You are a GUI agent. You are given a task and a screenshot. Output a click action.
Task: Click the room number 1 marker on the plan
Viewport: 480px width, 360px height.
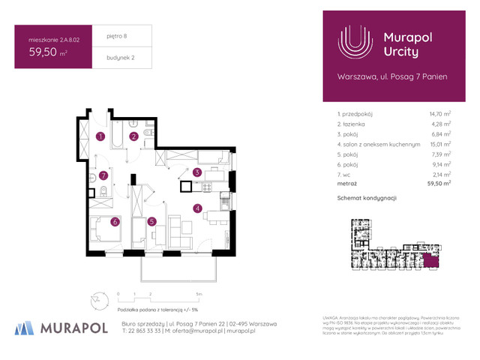[x=100, y=136]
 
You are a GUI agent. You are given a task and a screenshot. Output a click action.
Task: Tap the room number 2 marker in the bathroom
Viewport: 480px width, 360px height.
[x=133, y=136]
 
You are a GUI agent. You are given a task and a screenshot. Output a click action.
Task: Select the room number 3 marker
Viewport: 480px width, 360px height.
[x=197, y=172]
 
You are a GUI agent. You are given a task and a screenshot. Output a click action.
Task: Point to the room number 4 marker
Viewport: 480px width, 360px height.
[x=197, y=208]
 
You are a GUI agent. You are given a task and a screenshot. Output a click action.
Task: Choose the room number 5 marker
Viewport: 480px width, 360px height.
[x=151, y=221]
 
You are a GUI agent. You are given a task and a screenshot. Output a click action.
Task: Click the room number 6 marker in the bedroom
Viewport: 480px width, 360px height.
[x=115, y=221]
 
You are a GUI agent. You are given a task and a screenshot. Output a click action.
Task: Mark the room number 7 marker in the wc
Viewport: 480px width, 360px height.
[x=104, y=176]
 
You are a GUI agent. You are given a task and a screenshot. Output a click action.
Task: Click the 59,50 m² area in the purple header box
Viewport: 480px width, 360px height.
[x=46, y=52]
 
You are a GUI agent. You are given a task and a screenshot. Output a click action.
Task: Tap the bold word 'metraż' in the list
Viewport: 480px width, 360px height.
[x=347, y=182]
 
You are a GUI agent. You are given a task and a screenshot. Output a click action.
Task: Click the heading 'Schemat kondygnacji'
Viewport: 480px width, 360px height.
[x=367, y=197]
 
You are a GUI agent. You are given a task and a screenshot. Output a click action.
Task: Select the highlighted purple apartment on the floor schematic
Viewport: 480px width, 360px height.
[x=431, y=260]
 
